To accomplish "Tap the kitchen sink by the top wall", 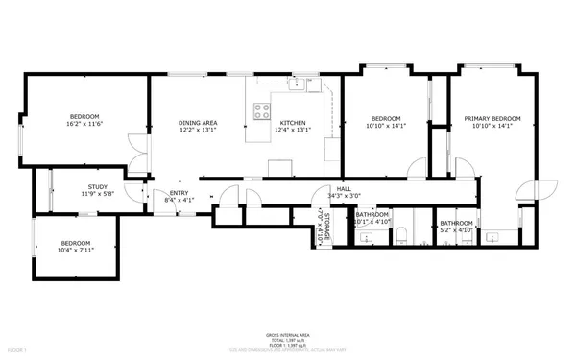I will coord(299,84).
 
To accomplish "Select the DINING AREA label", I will coord(198,123).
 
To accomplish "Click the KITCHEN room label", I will coord(292,123).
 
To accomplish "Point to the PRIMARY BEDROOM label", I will coord(492,118).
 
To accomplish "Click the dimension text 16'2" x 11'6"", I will coord(84,124).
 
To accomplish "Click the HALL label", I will coord(342,189).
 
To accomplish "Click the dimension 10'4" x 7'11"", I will coord(76,250).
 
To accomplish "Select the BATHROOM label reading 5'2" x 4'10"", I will coord(456,223).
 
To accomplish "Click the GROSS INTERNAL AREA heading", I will coord(287,335).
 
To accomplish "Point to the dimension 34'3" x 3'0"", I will coord(342,196).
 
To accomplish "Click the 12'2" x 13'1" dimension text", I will coord(198,131).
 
